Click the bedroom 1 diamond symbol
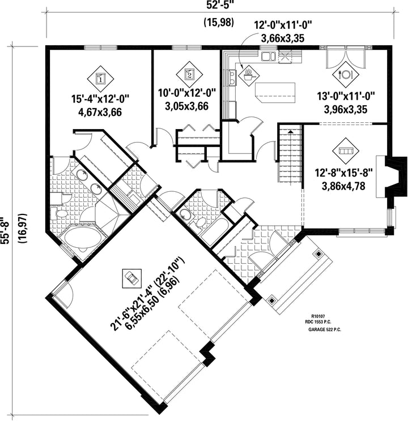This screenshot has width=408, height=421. pyautogui.click(x=100, y=79)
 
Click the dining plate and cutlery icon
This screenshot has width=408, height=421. pyautogui.click(x=346, y=74)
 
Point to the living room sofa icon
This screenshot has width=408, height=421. pyautogui.click(x=346, y=151)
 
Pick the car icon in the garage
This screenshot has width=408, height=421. pyautogui.click(x=131, y=278)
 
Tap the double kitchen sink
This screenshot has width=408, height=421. pyautogui.click(x=268, y=57)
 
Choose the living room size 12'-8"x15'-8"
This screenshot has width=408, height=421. pyautogui.click(x=343, y=173)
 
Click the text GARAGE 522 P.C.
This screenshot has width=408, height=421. pyautogui.click(x=325, y=330)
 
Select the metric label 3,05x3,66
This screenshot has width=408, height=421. pyautogui.click(x=186, y=106)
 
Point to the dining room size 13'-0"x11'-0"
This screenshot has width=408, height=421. pyautogui.click(x=346, y=96)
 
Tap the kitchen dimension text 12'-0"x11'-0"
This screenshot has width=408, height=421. pyautogui.click(x=283, y=26)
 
